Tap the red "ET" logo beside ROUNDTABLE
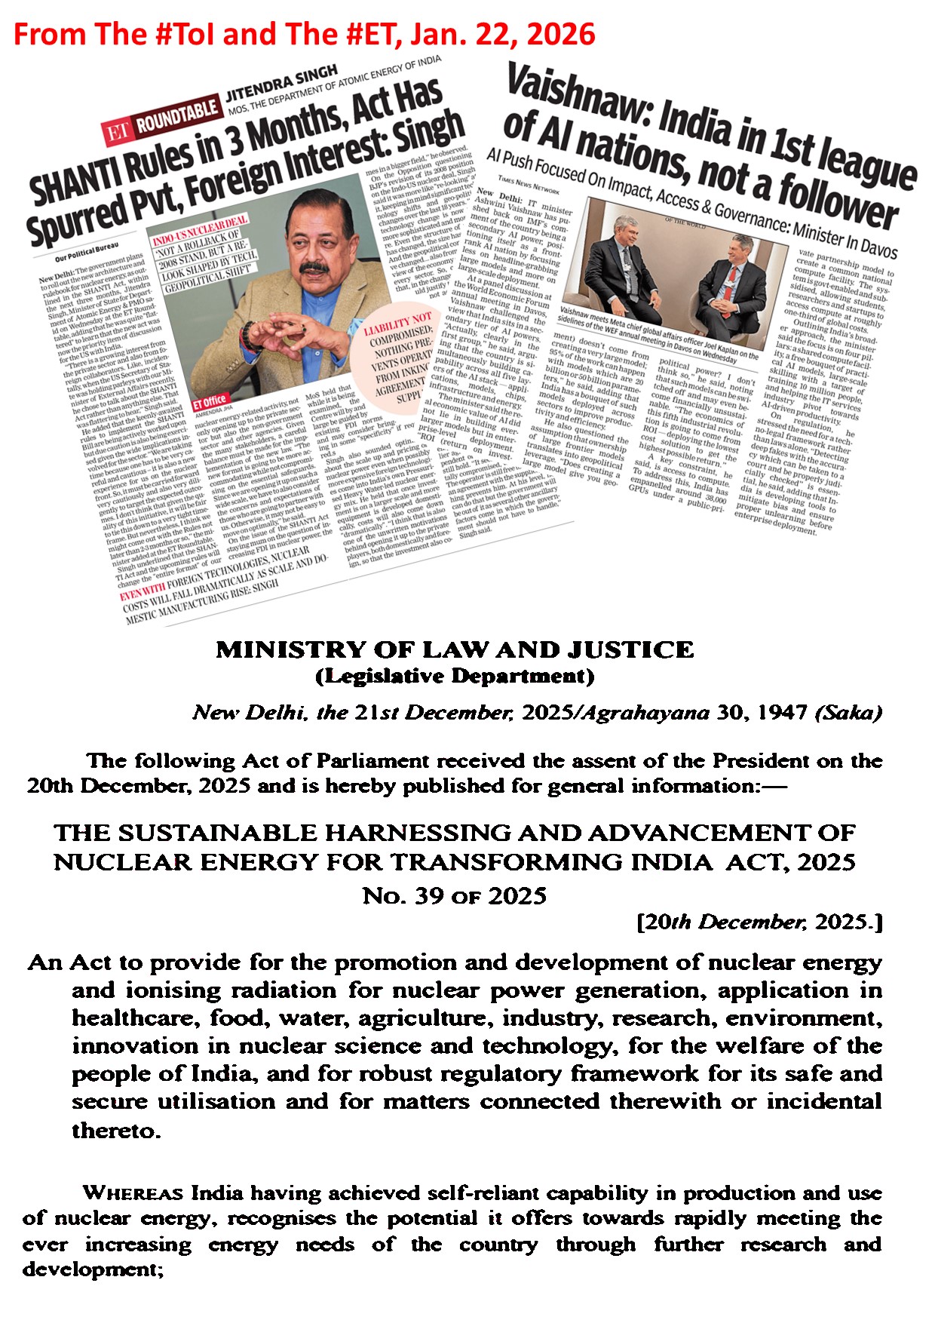[118, 133]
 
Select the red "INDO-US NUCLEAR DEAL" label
[199, 231]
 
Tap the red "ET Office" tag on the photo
[209, 401]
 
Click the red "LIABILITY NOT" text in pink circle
[398, 325]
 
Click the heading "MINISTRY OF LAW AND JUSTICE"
[455, 650]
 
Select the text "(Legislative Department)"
[455, 676]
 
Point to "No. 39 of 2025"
[455, 895]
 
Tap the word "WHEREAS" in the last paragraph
[133, 1193]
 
